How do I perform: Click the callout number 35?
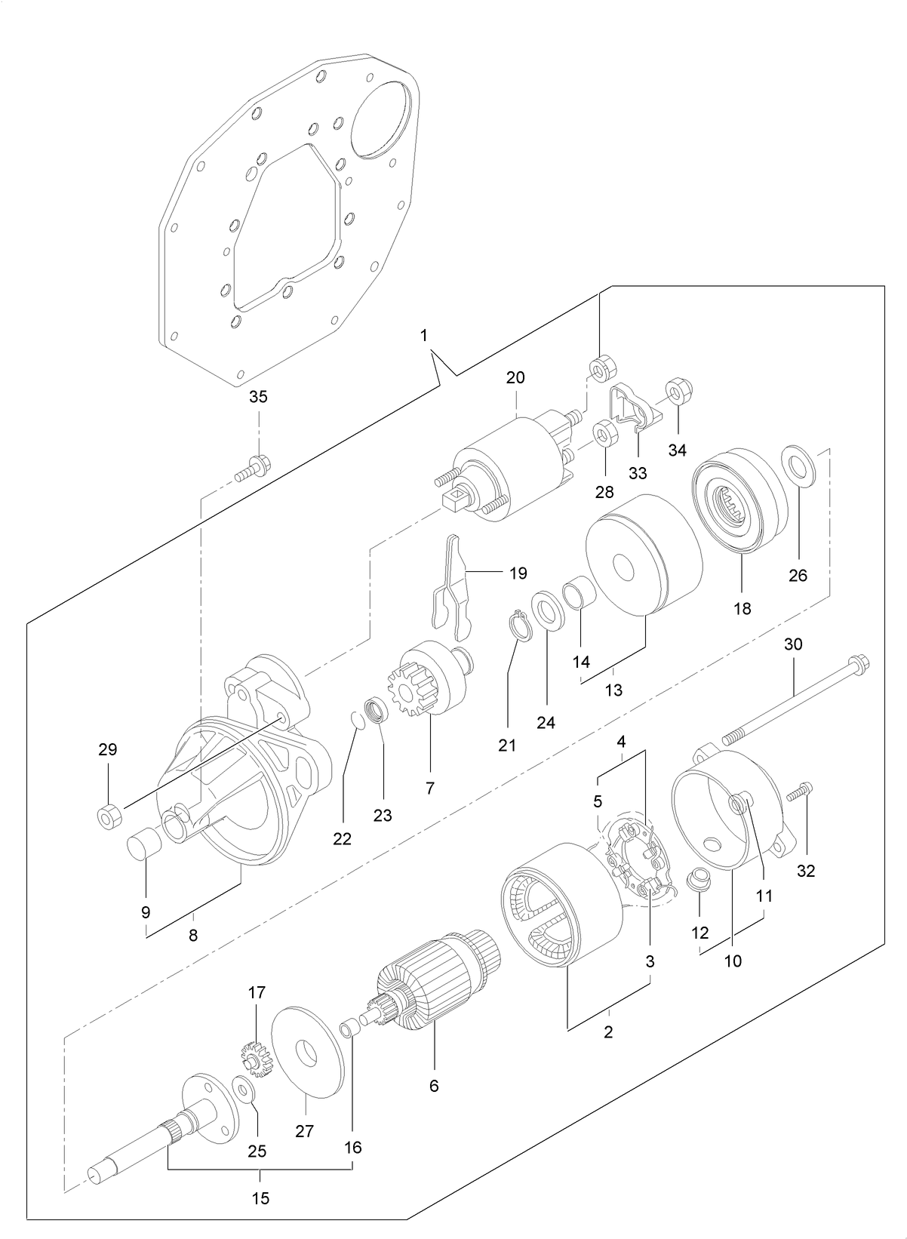click(x=258, y=397)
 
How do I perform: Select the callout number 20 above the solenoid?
click(x=515, y=377)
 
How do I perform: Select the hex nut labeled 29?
click(x=108, y=816)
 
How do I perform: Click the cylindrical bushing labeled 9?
click(x=144, y=844)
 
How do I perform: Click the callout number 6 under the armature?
click(x=433, y=1086)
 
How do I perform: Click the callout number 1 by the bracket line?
click(x=424, y=334)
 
